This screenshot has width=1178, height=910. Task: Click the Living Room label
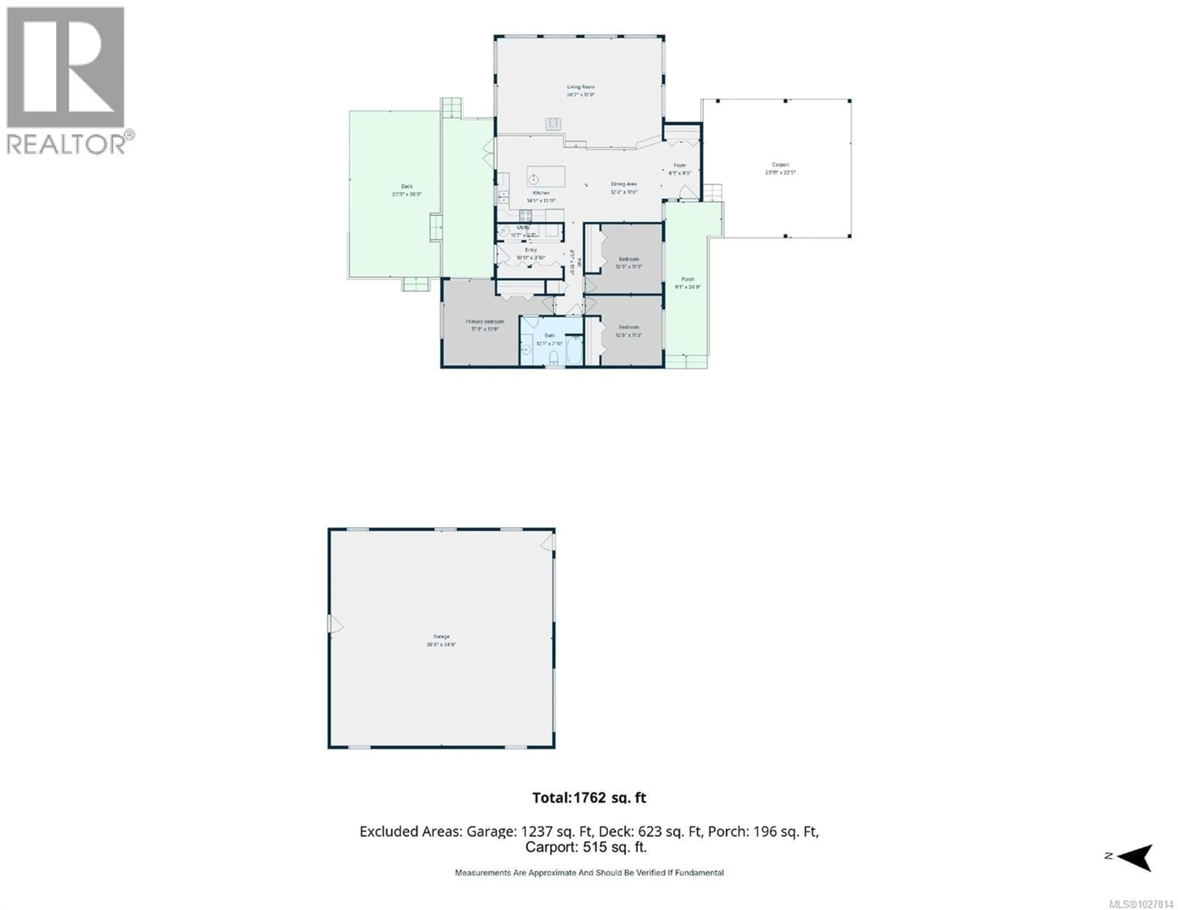click(x=580, y=87)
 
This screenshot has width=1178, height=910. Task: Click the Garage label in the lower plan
click(x=441, y=636)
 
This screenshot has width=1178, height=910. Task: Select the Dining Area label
click(x=624, y=184)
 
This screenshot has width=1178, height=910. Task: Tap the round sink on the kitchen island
click(x=533, y=179)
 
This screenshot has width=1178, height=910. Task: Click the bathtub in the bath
click(x=575, y=351)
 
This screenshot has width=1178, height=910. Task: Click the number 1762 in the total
click(x=590, y=798)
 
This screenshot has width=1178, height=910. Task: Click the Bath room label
click(x=549, y=336)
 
